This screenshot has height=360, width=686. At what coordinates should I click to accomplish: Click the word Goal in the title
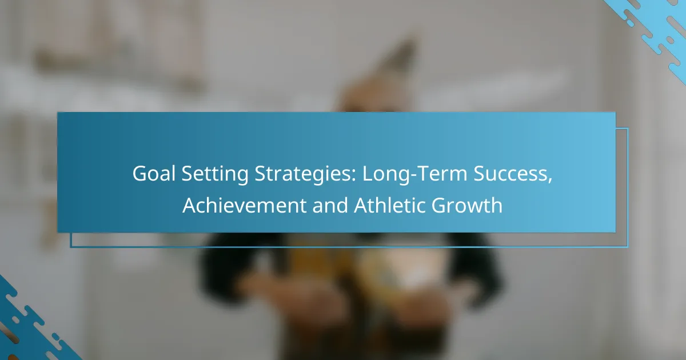click(x=154, y=174)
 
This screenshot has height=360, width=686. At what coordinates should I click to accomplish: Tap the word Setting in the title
click(x=215, y=175)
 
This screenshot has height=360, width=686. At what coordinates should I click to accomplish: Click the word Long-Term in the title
click(x=414, y=175)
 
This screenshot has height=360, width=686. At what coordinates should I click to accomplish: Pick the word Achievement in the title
click(x=245, y=205)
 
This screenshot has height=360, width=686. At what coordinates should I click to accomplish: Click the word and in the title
click(x=330, y=205)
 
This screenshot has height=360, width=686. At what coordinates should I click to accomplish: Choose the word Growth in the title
click(x=467, y=205)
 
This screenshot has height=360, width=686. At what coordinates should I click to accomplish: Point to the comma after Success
click(x=550, y=181)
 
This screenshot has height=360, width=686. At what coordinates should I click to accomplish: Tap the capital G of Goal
click(x=139, y=174)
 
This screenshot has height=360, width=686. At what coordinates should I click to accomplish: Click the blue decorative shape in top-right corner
click(x=655, y=31)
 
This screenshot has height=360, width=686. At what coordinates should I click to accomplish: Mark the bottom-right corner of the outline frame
click(x=628, y=247)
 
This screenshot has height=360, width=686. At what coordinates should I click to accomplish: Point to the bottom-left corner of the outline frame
click(x=71, y=247)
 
